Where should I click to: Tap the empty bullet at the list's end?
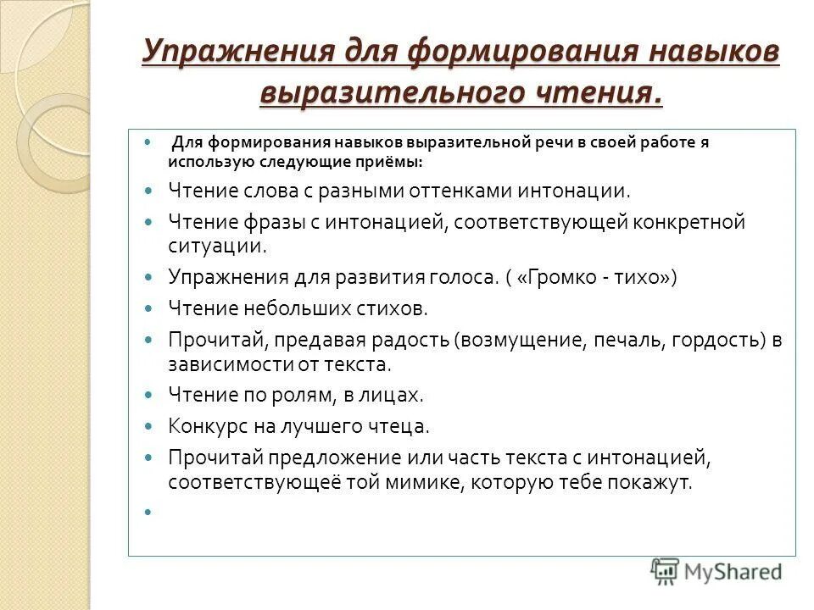(x=148, y=512)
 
